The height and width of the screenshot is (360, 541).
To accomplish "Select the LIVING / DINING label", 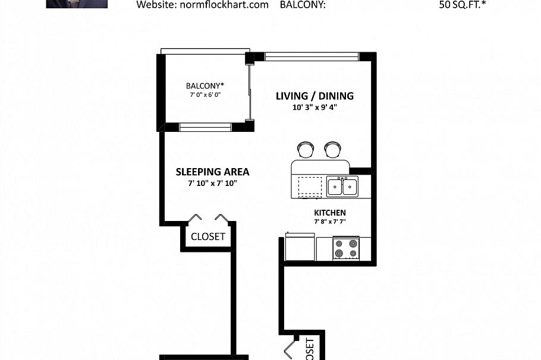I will coord(314,96).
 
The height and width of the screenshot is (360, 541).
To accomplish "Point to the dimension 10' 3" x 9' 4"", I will coord(314,108).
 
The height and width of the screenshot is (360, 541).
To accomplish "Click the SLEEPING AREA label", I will coord(212,172).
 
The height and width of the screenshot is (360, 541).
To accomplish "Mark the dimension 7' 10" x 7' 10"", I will coord(212,184).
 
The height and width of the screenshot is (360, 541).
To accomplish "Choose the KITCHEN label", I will coord(329,213).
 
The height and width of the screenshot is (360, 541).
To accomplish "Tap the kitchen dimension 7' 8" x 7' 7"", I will coord(329,222).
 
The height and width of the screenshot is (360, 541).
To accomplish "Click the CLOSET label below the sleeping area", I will coord(208,236).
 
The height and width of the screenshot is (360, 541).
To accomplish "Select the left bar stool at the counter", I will coord(305,149).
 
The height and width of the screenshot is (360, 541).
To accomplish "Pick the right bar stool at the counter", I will coord(332,149).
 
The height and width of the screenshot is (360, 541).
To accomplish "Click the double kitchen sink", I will coord(342,187).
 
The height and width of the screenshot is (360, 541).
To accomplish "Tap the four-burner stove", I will coord(346,248).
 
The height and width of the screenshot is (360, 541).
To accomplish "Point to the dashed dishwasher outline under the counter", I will coord(309,187).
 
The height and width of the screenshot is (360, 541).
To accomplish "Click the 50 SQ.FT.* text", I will coord(465,5).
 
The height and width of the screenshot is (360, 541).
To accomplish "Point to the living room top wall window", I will coord(312,57).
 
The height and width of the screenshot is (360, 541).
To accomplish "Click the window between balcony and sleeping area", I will coord(206,126).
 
